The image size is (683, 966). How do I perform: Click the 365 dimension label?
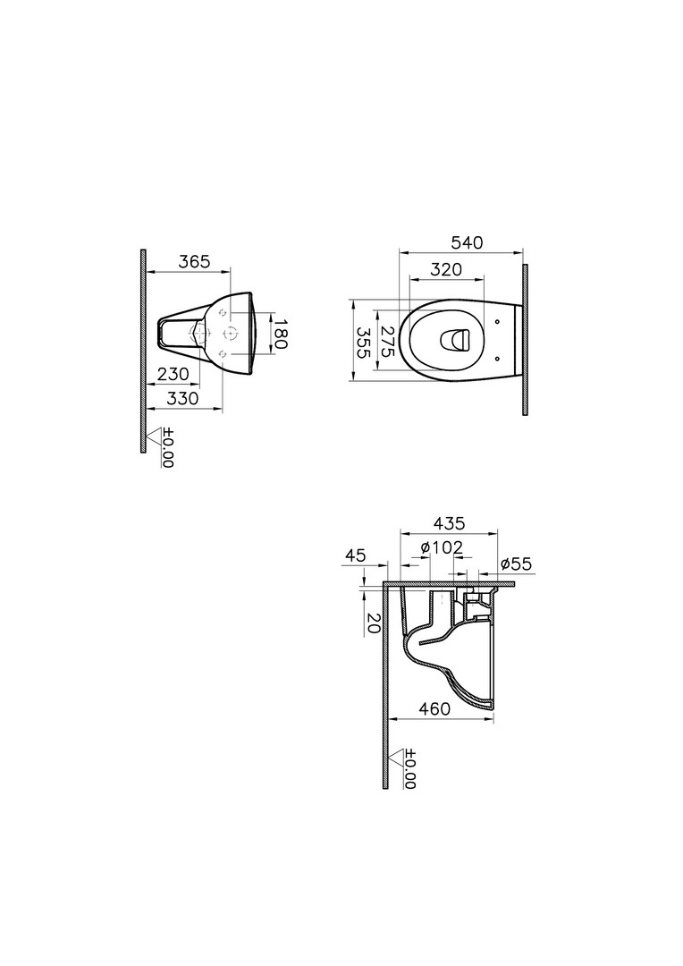[x=194, y=262]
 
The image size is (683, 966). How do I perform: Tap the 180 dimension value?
[x=280, y=334]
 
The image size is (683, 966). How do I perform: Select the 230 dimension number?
[x=173, y=374]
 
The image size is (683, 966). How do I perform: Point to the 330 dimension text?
[x=183, y=398]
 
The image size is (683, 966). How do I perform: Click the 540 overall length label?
[x=468, y=242]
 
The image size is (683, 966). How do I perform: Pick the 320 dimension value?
[x=446, y=269]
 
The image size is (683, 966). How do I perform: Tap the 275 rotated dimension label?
[x=388, y=342]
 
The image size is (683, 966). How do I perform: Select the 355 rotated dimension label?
[x=363, y=342]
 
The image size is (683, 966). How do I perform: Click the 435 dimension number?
[x=449, y=523]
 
